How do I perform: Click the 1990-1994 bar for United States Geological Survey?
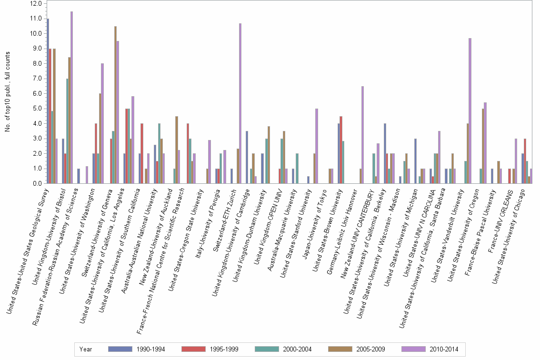(x=48, y=101)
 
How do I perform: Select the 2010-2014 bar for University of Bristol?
(x=72, y=98)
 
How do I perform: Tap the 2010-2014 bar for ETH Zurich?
(x=240, y=103)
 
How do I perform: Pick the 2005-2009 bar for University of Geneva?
(x=115, y=105)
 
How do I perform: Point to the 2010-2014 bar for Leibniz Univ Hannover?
(x=363, y=135)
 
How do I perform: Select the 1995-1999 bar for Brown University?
(x=341, y=150)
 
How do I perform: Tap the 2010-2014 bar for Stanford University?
(x=317, y=146)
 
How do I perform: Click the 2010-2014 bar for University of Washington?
(x=102, y=123)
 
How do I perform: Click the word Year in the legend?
(x=86, y=350)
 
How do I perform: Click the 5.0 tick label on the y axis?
(x=37, y=108)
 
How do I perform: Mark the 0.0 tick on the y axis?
(x=37, y=183)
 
